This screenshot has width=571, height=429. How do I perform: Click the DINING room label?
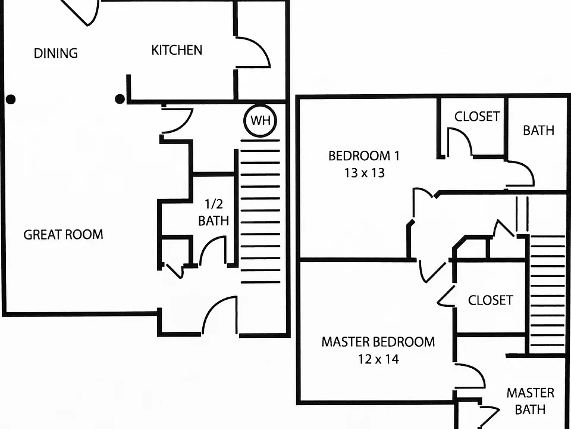(56, 53)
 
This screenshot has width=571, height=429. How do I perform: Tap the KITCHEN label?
(177, 50)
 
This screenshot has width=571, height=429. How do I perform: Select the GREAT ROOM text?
(64, 234)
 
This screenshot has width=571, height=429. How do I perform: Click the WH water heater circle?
(261, 120)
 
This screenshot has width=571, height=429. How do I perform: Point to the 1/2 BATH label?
(214, 212)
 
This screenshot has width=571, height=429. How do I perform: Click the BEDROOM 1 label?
(364, 156)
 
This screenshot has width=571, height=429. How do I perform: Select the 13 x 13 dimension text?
(365, 173)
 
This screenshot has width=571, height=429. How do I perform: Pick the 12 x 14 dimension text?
(378, 359)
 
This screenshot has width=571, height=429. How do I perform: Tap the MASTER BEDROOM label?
(378, 342)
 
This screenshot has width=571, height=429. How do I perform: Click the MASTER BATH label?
(530, 401)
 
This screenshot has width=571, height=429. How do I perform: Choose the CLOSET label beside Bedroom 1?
(477, 116)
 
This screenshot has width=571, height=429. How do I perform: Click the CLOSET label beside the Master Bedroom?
(491, 300)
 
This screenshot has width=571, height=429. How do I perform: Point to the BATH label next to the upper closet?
(539, 130)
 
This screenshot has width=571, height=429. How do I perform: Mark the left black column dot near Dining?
(11, 99)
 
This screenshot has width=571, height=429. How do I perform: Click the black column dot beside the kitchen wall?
(120, 99)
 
